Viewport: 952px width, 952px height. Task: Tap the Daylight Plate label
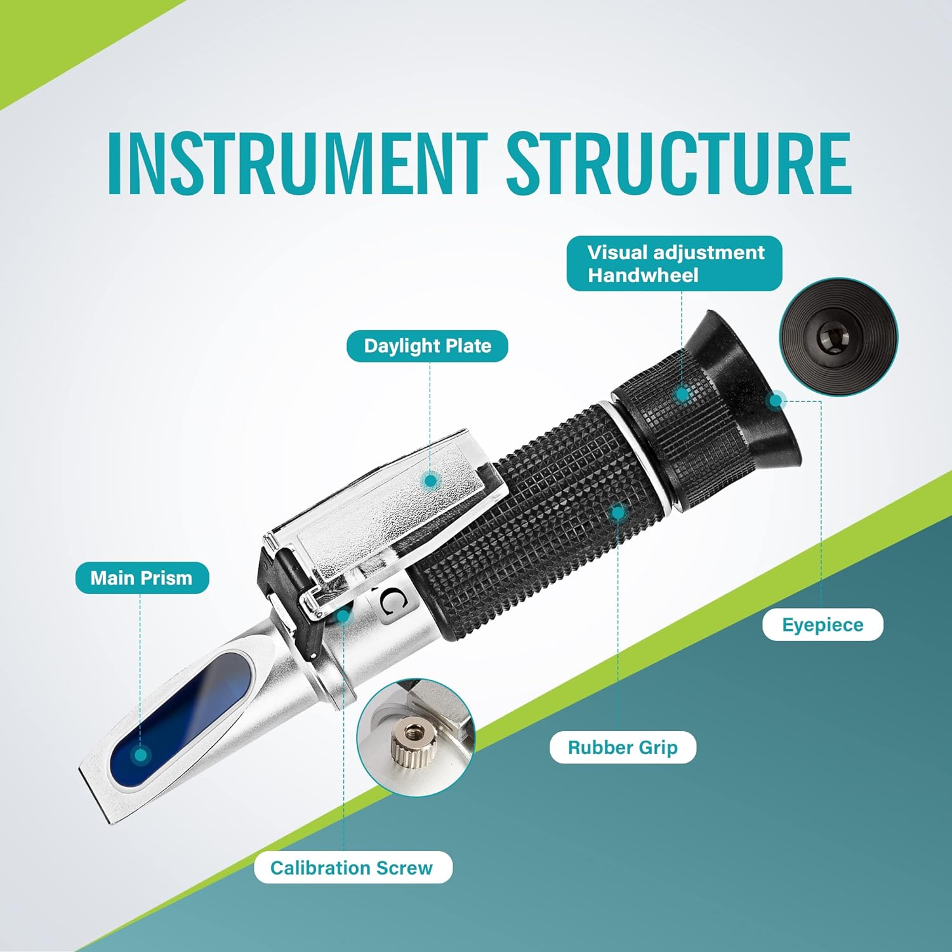(x=427, y=346)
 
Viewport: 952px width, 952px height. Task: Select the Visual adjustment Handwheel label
(x=674, y=263)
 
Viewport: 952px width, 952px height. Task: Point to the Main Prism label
(x=142, y=578)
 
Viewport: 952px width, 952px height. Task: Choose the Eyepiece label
(x=823, y=625)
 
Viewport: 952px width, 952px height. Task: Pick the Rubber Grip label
(x=623, y=747)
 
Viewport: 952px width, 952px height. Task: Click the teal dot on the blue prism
(x=141, y=755)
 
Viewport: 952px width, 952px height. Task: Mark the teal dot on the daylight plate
(x=431, y=480)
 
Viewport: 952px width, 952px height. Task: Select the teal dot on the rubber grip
(x=618, y=512)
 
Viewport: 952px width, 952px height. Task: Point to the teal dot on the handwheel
(x=682, y=395)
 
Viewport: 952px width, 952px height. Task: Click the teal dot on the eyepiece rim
(x=776, y=400)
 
